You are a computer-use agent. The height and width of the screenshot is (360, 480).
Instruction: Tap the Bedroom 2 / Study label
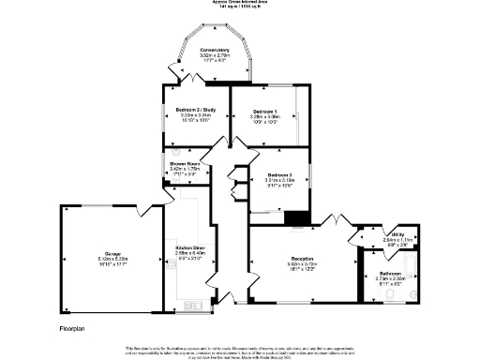pyautogui.click(x=196, y=111)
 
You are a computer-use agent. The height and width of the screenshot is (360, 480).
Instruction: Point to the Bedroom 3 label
pyautogui.click(x=279, y=175)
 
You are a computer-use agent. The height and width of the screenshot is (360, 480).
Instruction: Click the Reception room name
pyautogui.click(x=302, y=258)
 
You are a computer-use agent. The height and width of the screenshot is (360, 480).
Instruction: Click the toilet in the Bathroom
pyautogui.click(x=411, y=292)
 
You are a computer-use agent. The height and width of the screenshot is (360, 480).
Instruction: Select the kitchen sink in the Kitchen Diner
pyautogui.click(x=194, y=305)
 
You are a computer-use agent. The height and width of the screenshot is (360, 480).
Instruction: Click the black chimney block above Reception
pyautogui.click(x=297, y=219)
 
